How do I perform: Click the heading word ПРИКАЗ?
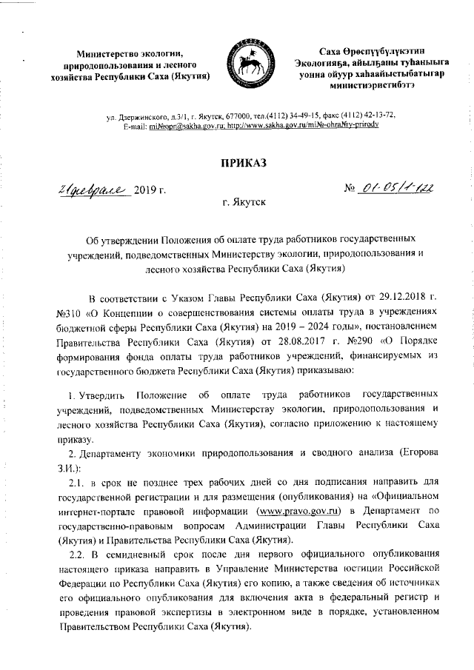(x=236, y=164)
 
